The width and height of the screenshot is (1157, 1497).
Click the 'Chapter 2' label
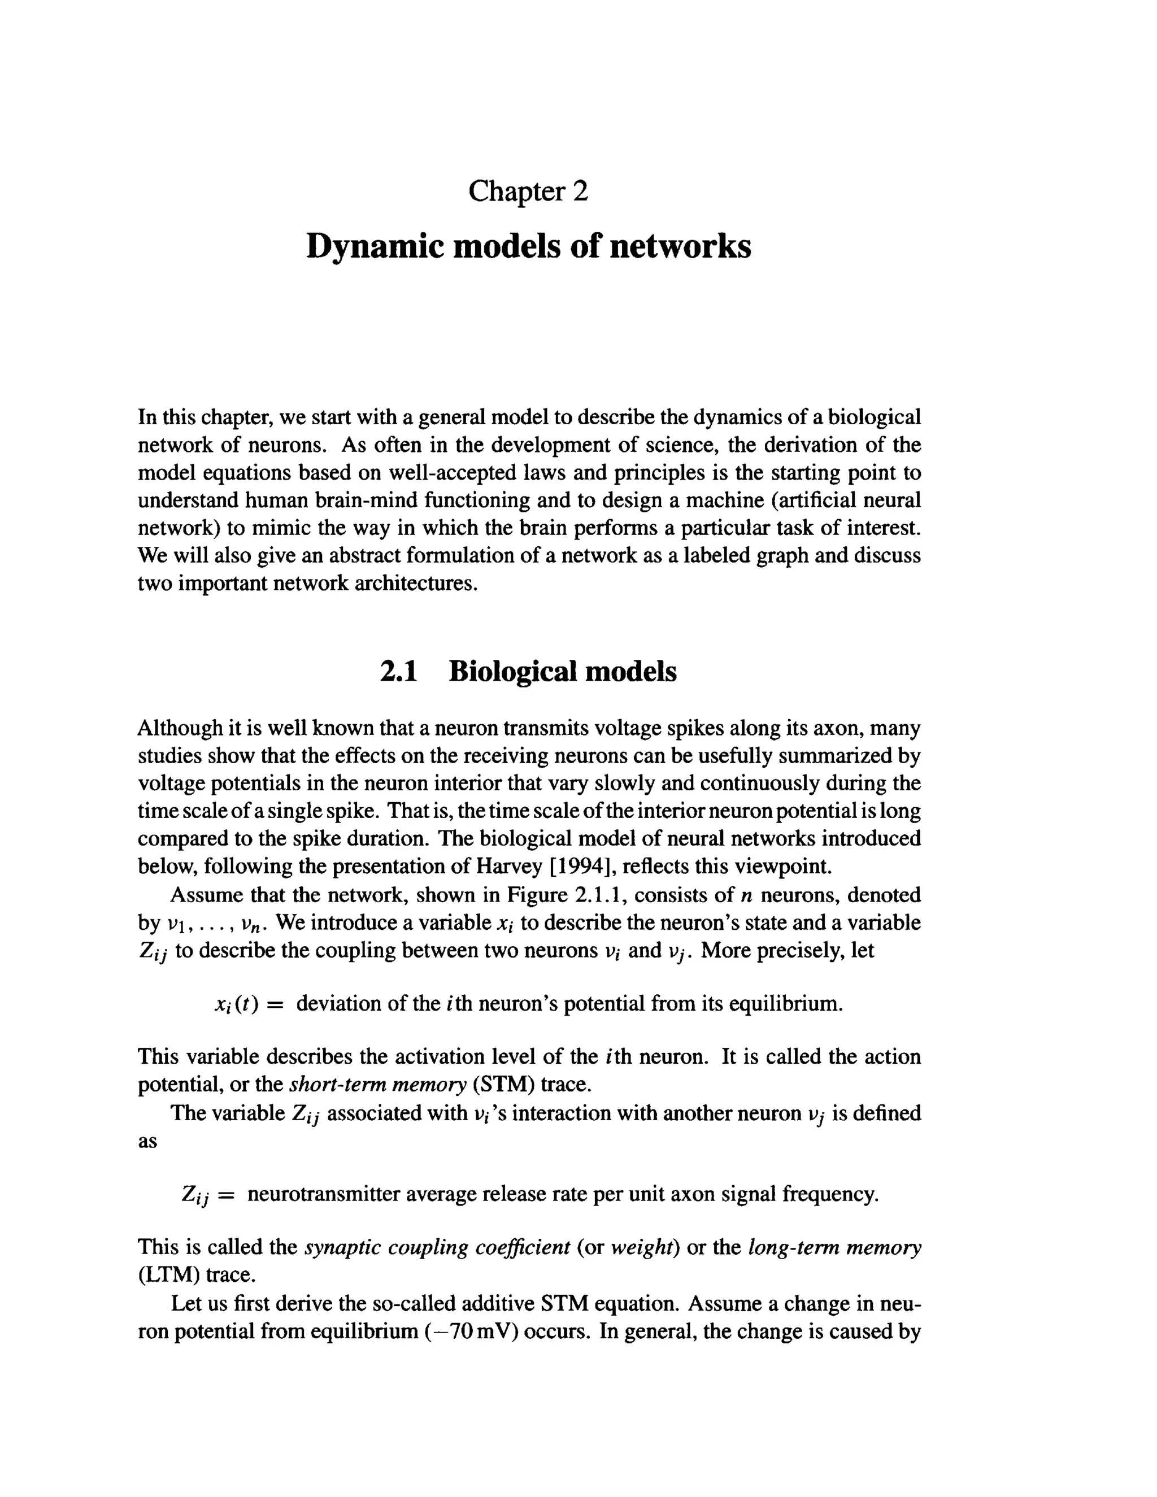tap(528, 192)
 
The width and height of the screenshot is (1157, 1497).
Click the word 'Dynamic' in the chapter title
tap(373, 246)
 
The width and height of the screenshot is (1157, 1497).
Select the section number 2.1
tap(398, 671)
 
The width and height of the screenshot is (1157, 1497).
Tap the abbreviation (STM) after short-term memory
tap(504, 1085)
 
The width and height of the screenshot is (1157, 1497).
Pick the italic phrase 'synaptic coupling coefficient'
tap(437, 1247)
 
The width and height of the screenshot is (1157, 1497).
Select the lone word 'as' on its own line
tap(147, 1141)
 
